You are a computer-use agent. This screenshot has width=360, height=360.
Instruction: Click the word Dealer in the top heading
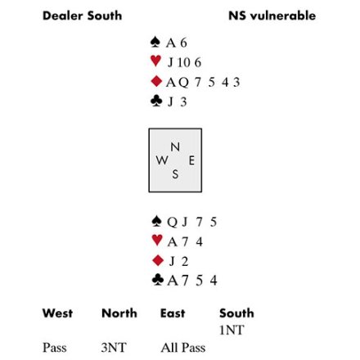tap(63, 16)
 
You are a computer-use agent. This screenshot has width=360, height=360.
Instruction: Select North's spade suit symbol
tap(155, 42)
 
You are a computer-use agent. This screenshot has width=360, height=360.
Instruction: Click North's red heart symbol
tap(155, 61)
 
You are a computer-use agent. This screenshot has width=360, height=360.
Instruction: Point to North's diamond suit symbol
tap(156, 81)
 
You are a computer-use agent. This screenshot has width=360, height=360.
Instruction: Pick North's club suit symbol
tap(156, 101)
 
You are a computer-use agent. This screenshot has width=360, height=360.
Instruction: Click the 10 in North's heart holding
tap(183, 62)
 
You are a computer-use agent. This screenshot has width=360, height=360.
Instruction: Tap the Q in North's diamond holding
tap(183, 83)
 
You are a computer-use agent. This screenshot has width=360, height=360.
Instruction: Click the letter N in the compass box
tap(175, 147)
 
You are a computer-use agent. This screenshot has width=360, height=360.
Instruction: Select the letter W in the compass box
tap(162, 160)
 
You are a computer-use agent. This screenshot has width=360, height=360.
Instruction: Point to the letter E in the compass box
tap(191, 160)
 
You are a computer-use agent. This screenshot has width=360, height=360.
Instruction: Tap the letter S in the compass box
tap(175, 174)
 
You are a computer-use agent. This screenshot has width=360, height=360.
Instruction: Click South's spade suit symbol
tap(156, 221)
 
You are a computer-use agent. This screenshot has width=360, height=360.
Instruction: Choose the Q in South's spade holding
tap(173, 223)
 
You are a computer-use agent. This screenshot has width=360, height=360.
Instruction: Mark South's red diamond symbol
tap(158, 260)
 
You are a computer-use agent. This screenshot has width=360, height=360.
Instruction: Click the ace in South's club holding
tap(173, 281)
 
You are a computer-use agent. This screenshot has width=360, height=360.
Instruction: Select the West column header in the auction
tap(57, 313)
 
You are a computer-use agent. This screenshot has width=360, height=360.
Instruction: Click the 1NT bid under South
tap(232, 331)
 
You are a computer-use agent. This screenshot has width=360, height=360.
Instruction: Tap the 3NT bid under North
tap(114, 348)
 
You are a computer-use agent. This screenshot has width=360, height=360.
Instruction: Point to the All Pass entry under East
tap(183, 348)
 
